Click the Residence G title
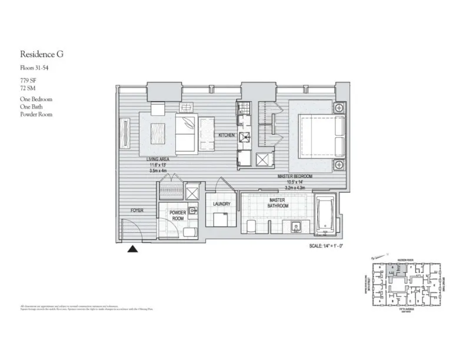click(41, 55)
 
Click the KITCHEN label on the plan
click(227, 135)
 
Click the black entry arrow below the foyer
click(134, 249)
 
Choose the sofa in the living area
click(187, 132)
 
